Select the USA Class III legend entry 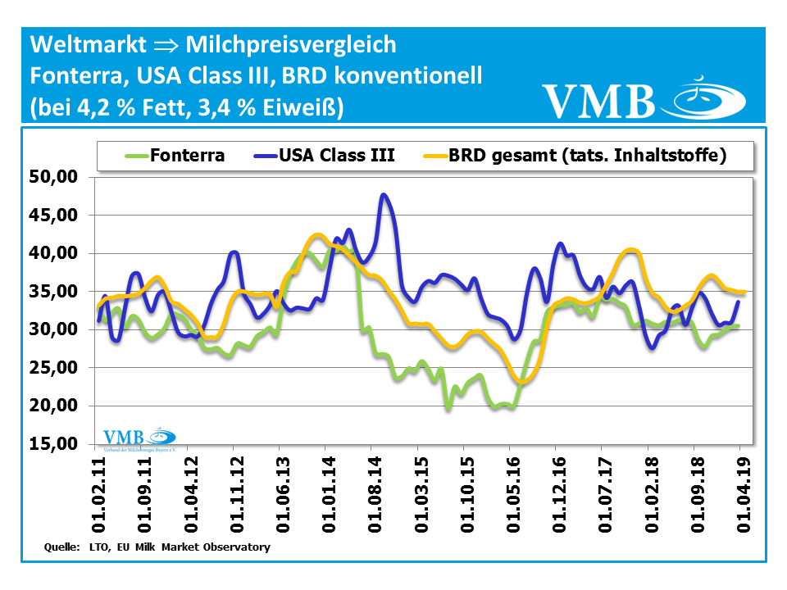click(x=336, y=155)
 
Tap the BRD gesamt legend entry click(x=587, y=155)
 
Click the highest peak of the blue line click(x=383, y=195)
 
